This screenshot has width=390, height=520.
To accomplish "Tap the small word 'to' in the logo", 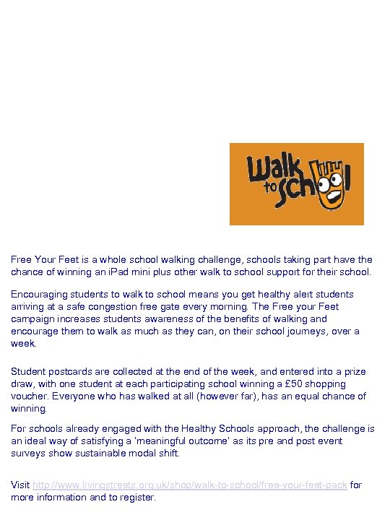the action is pos(271,186).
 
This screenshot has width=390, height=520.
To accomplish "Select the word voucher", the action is pos(27,396).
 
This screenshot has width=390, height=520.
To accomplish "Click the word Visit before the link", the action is pos(19,485).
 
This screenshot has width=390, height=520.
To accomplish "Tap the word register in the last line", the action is pos(138,497).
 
